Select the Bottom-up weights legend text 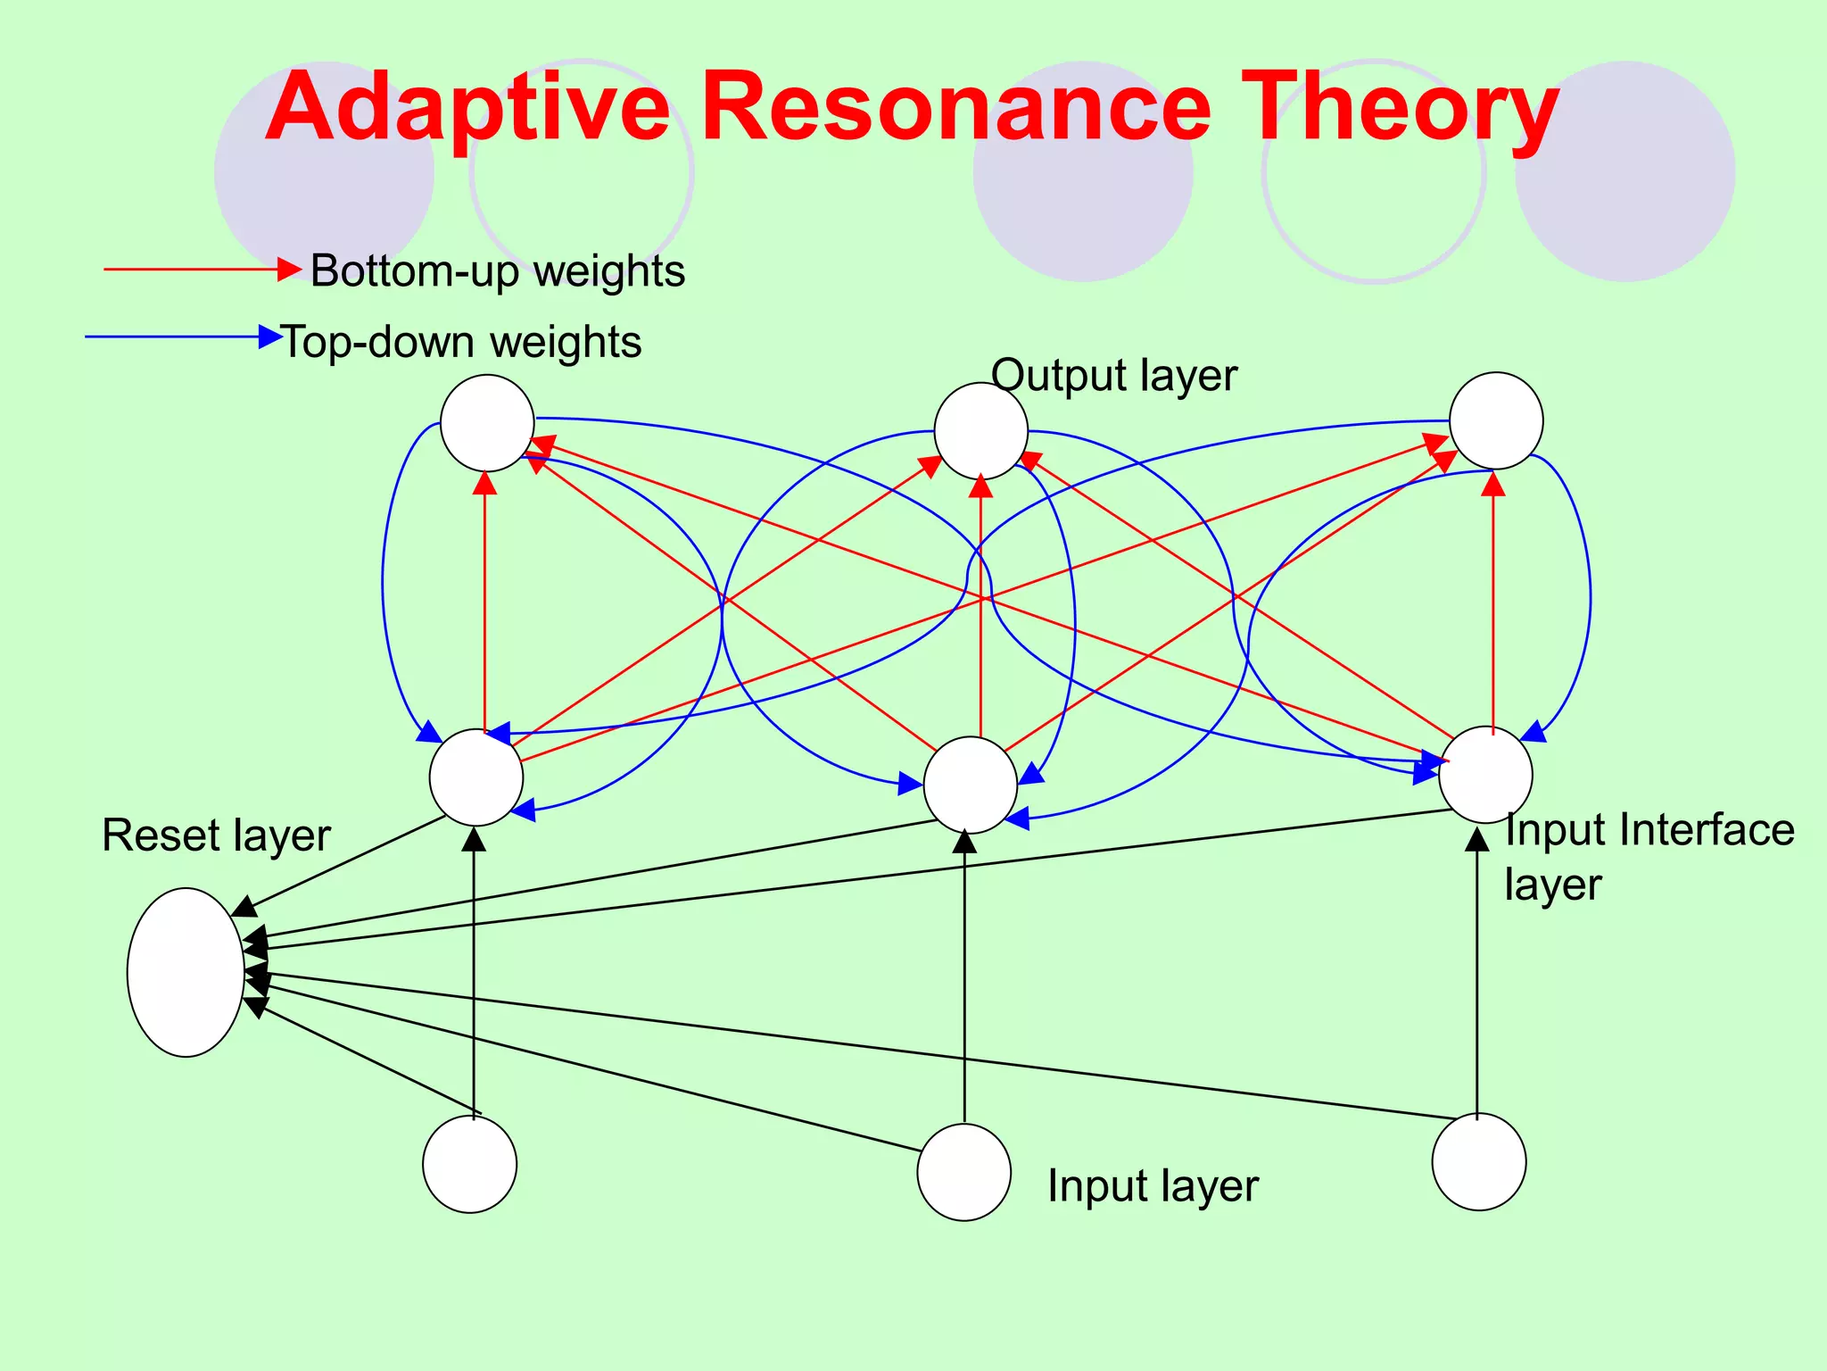click(x=497, y=270)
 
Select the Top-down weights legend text click(x=461, y=342)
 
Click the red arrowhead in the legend click(x=289, y=269)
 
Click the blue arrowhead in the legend click(x=269, y=337)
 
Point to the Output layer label click(x=1113, y=375)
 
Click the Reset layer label click(x=216, y=835)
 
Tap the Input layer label click(x=1152, y=1186)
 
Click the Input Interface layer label click(x=1648, y=856)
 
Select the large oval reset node click(x=186, y=972)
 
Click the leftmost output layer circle click(x=487, y=422)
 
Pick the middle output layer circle click(x=980, y=431)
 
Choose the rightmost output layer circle click(x=1496, y=420)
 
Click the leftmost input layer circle click(x=469, y=1164)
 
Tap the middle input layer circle click(x=963, y=1172)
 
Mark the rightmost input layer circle click(x=1478, y=1162)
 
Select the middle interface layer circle click(x=970, y=785)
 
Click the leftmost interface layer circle click(x=475, y=777)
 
